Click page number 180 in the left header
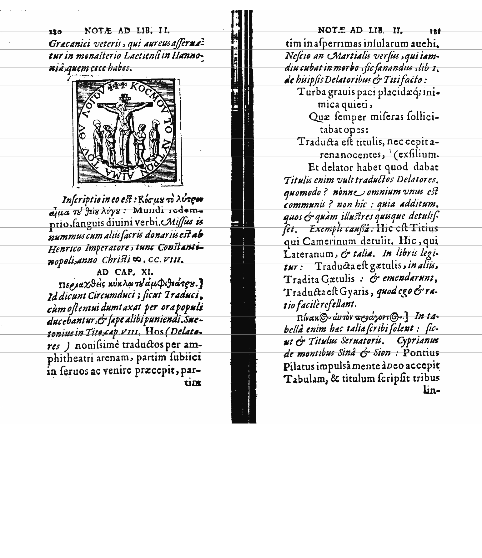tap(55, 31)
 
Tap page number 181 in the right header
tap(435, 31)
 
